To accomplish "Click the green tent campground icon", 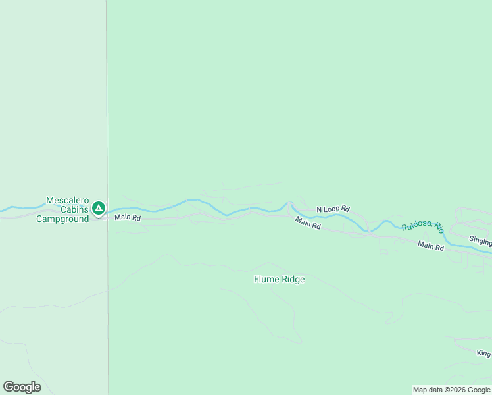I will [x=99, y=209].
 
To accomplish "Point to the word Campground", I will [x=62, y=219].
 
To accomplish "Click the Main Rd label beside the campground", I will [x=128, y=217].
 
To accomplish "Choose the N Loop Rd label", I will [x=333, y=209].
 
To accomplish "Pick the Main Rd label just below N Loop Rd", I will [x=307, y=223].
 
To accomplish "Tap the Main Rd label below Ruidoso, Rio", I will [x=431, y=246].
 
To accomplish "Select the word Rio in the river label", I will [x=439, y=228].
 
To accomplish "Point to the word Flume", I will [x=266, y=280].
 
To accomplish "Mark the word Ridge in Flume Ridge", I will [x=293, y=280].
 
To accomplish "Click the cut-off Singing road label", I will [x=480, y=240].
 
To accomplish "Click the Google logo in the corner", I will [x=22, y=387].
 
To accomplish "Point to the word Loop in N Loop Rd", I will [x=333, y=209].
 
